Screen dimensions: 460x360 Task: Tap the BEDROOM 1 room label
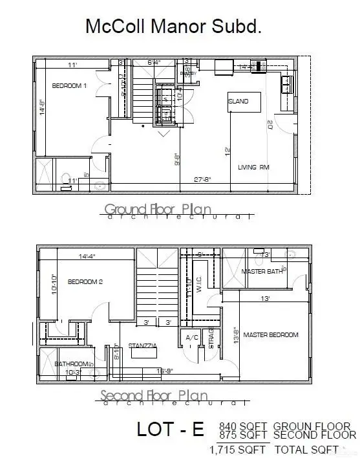pos(69,87)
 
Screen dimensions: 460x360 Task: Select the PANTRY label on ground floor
pos(188,74)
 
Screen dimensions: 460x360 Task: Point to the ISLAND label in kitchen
pos(237,102)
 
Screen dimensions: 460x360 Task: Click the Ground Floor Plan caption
pos(158,209)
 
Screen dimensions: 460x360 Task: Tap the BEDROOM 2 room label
pos(86,282)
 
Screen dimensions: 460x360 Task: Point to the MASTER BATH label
pos(262,271)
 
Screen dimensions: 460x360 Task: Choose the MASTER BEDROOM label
pos(270,334)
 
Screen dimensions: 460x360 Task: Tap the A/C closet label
pos(192,338)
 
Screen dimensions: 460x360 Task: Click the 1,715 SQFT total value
pos(237,450)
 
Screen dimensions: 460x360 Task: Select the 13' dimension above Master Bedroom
pos(265,299)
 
